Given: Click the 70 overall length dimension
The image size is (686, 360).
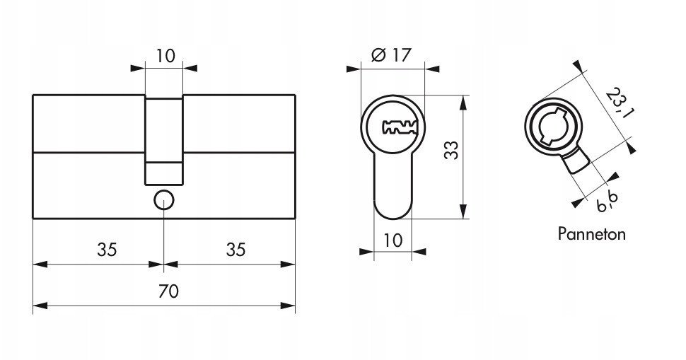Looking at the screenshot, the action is (x=168, y=291).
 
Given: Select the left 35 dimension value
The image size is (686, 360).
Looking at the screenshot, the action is (x=107, y=250).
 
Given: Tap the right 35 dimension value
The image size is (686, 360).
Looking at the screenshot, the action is (x=236, y=250).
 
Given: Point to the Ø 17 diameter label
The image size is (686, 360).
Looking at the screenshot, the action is (x=392, y=55).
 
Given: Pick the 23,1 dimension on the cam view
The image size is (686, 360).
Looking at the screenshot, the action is (x=619, y=103).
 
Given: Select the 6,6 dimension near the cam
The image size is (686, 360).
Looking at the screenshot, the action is (x=607, y=202).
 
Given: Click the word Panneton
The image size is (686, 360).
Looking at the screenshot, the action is (x=591, y=234).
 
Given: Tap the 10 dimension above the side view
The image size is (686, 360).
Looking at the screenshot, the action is (x=165, y=56).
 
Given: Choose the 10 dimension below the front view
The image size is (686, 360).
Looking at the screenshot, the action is (x=393, y=240).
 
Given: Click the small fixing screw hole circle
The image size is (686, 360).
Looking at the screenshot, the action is (x=164, y=200).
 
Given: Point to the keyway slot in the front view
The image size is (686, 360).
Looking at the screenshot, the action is (x=400, y=127).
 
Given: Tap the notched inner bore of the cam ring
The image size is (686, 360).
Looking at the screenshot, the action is (x=553, y=126).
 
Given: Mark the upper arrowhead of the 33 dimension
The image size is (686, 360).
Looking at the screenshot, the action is (x=464, y=102).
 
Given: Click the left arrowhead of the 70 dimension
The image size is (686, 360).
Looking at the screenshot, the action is (x=40, y=306).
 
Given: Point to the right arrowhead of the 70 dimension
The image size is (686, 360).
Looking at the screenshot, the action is (x=288, y=306).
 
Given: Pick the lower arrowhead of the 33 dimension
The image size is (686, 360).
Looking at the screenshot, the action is (x=464, y=211).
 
